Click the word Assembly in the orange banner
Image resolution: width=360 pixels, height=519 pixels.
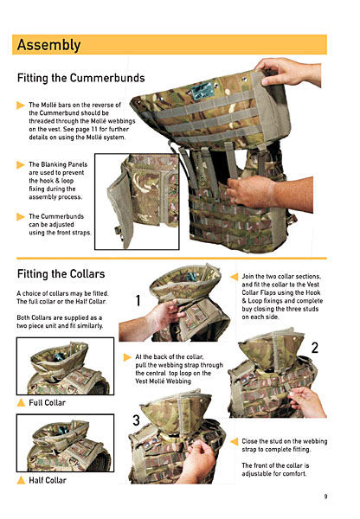[x=48, y=45]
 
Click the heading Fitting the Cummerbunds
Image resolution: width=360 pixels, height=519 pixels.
[x=81, y=78]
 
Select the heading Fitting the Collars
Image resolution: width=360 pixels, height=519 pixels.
[x=61, y=274]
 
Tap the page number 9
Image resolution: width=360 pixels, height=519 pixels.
[x=325, y=497]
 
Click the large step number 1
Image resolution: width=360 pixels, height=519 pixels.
[x=138, y=300]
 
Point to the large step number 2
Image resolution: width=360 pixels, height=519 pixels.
[x=315, y=348]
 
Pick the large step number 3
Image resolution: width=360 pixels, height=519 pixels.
[x=136, y=420]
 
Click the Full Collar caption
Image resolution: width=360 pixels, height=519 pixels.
[x=47, y=403]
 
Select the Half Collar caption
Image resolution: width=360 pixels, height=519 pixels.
[x=48, y=480]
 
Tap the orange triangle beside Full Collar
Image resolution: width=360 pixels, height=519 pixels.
[x=21, y=402]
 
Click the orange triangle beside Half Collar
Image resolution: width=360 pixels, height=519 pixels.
[x=21, y=480]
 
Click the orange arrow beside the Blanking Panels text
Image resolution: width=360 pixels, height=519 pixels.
[x=21, y=164]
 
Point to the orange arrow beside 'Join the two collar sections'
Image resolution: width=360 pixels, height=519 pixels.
[x=235, y=277]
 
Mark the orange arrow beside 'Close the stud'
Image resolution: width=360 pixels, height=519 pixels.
[x=235, y=441]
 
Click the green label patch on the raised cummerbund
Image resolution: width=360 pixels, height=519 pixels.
[x=202, y=90]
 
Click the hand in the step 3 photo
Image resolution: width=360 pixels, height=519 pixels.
[x=198, y=459]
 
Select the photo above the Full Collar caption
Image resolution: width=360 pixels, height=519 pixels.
[x=65, y=366]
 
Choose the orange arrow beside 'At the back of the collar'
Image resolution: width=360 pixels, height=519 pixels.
[x=127, y=357]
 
